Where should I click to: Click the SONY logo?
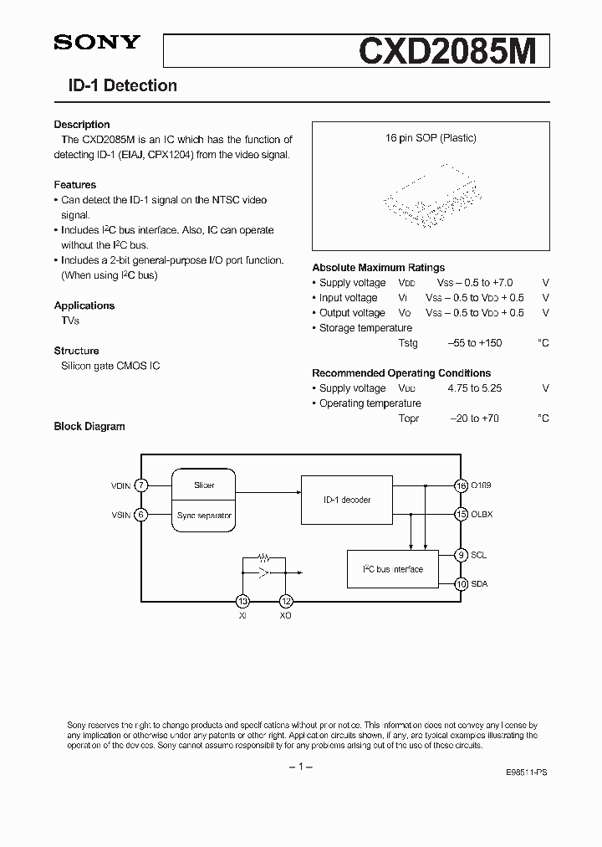point(97,43)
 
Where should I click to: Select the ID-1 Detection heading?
point(122,85)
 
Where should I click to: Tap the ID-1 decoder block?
point(346,500)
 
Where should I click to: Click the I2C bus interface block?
point(392,569)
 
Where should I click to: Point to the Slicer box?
point(204,485)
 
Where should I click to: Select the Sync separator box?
point(204,516)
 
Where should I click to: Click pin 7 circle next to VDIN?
point(142,485)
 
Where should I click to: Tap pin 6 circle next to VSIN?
point(142,516)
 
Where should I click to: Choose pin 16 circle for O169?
point(461,485)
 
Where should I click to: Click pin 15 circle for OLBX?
point(461,515)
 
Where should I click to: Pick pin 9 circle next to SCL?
point(461,555)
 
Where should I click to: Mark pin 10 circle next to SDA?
point(461,584)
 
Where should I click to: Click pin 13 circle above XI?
point(242,601)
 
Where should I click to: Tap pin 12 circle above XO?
point(286,601)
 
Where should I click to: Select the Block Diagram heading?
point(89,426)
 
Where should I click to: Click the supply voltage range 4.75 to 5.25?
point(475,388)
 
